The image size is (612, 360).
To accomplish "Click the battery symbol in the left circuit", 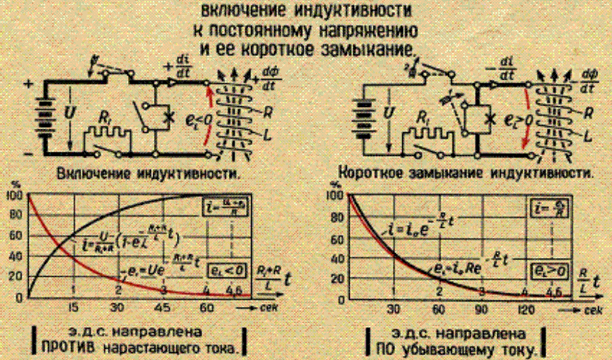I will coord(46,115).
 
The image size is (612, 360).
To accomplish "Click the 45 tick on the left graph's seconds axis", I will coord(163,308).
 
